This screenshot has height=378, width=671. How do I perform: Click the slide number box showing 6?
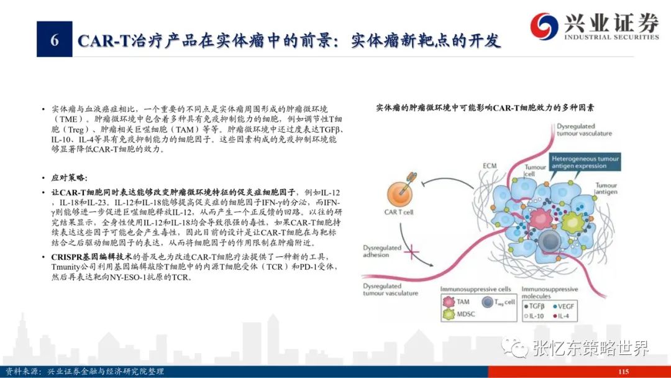point(54,39)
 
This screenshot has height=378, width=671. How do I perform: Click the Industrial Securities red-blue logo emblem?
point(544,25)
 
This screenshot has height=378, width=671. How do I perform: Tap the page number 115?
point(623,372)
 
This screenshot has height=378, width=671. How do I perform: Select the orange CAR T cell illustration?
point(401,191)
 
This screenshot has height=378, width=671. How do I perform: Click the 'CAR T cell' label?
point(398,212)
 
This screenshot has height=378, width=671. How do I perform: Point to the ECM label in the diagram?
point(490,165)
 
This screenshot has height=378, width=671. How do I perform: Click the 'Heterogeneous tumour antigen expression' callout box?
point(585,162)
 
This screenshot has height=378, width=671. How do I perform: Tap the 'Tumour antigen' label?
point(606,188)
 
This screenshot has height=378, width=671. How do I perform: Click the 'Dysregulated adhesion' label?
point(382,251)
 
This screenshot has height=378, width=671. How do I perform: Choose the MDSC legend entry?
point(459,314)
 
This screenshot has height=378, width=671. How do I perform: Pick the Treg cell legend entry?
point(498,302)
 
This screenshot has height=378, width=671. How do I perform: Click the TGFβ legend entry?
point(534,307)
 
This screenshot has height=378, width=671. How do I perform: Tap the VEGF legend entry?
point(564,307)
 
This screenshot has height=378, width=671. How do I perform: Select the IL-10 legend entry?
point(534,316)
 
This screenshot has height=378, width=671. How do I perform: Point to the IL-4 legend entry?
point(561,316)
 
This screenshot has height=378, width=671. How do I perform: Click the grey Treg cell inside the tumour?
point(549,241)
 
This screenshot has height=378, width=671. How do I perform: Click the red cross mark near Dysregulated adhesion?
point(412,252)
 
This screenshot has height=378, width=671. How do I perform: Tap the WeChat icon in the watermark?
point(514,347)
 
